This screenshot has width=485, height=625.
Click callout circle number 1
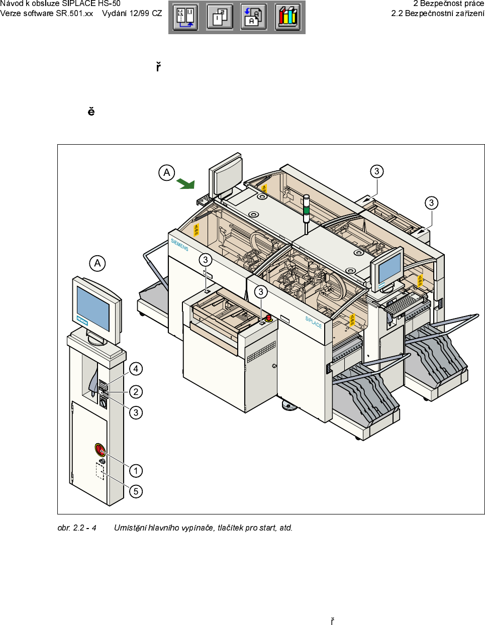136,471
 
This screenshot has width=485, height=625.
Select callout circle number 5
136,491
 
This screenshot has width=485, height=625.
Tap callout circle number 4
136,369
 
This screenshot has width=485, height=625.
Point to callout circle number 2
136,391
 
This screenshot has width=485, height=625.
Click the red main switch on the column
100,449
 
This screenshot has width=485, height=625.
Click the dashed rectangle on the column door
100,471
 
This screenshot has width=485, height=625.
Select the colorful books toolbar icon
287,17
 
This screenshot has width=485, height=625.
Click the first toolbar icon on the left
185,17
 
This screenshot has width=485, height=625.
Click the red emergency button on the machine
268,318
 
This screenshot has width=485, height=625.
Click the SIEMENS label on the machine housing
179,245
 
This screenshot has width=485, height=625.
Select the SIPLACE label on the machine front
313,322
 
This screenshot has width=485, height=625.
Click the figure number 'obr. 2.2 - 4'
77,528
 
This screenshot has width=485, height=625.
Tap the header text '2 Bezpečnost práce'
448,4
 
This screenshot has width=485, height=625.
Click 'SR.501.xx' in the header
74,14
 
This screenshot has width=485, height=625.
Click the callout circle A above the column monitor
98,263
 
